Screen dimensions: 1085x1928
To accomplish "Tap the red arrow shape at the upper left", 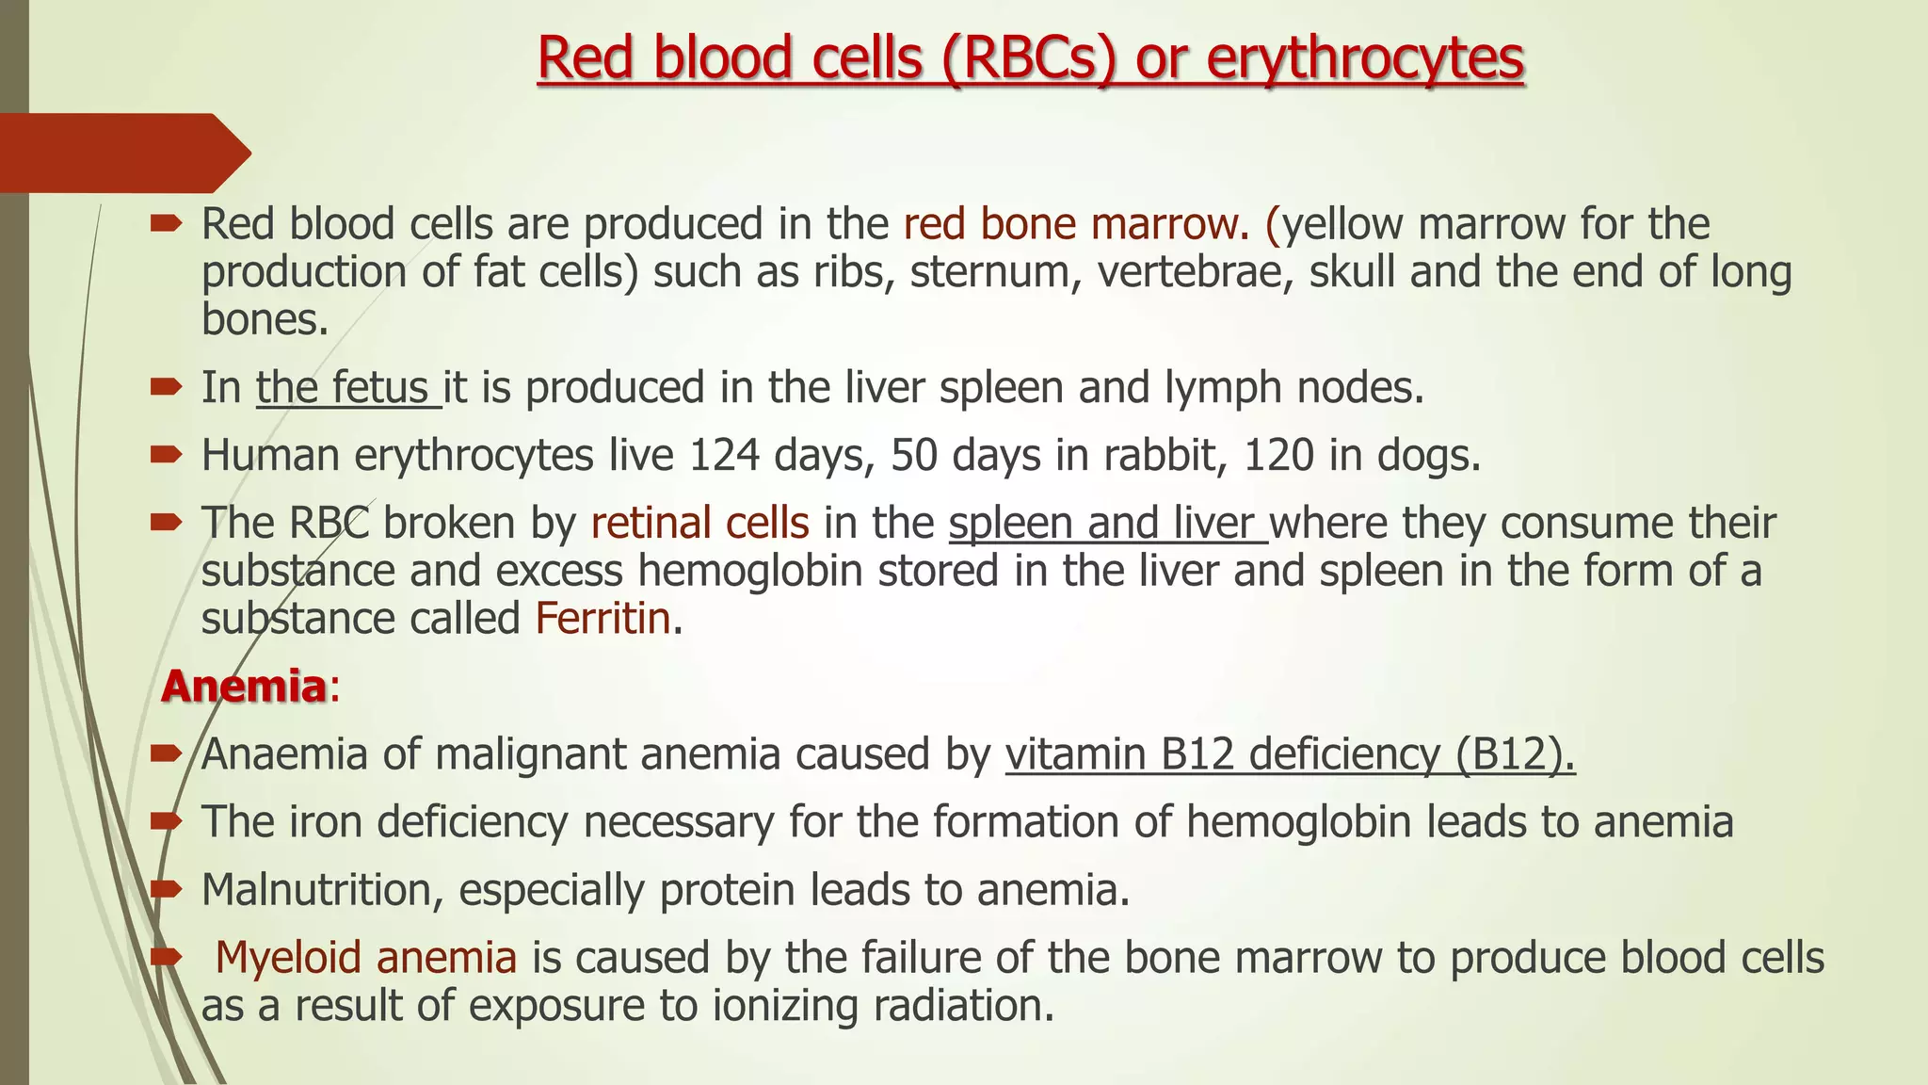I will point(122,153).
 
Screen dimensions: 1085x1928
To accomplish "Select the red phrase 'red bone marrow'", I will point(1069,225).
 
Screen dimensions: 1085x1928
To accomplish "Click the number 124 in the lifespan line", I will point(724,456).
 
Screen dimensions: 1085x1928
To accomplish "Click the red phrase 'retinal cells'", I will point(699,524).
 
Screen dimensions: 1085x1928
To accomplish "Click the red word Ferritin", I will point(602,620).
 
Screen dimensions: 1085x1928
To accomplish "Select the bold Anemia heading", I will point(244,687).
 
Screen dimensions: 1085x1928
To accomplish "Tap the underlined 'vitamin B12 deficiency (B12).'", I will point(1290,754).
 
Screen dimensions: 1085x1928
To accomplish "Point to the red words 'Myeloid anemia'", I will point(366,958).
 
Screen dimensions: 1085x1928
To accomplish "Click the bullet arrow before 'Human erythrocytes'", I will point(166,456).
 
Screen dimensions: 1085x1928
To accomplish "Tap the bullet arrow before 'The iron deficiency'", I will point(166,822).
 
